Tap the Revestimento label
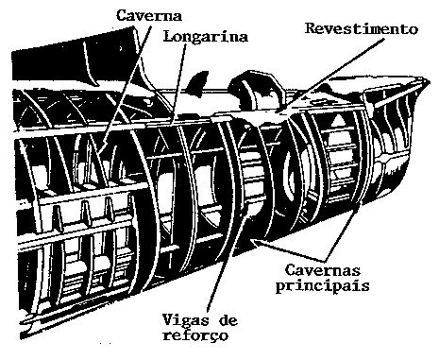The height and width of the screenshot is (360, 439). pos(362,28)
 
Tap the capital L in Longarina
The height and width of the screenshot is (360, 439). pos(166,38)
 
